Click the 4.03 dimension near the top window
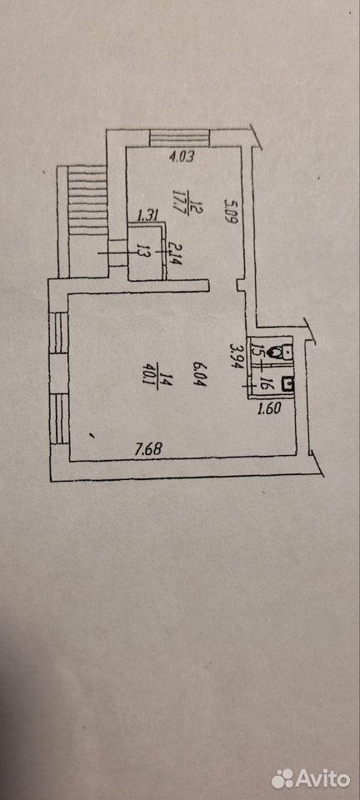tap(182, 157)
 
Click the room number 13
tap(142, 252)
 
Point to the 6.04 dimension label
tap(199, 373)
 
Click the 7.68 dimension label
tap(147, 450)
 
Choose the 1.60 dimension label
tap(267, 408)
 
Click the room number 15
tap(255, 351)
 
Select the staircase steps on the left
tap(88, 201)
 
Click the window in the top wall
tap(179, 137)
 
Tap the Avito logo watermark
tap(311, 778)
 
